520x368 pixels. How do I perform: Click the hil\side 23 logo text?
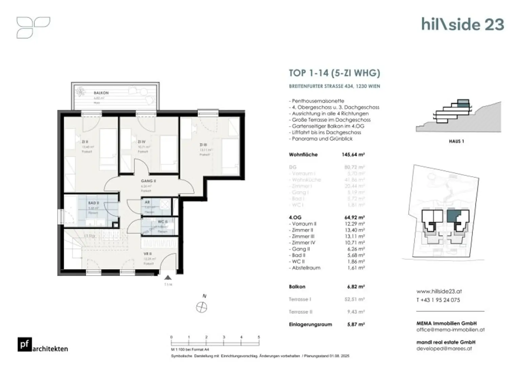tap(462, 24)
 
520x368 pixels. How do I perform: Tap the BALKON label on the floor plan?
tap(101, 93)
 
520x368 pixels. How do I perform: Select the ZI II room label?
tap(85, 142)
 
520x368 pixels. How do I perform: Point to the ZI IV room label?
tap(142, 142)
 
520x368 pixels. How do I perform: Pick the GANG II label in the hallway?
tap(148, 181)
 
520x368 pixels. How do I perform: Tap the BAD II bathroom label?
tap(94, 203)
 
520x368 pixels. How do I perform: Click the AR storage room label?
tap(147, 202)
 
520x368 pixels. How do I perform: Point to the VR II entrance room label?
tap(147, 254)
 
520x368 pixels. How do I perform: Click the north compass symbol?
tap(202, 307)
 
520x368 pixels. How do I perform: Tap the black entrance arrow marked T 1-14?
tap(168, 278)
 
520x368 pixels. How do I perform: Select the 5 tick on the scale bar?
tap(259, 337)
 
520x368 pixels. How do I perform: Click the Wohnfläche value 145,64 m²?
tap(353, 155)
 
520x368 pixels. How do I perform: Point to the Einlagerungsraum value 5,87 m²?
tap(356, 324)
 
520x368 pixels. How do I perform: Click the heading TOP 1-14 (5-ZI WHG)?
tap(334, 73)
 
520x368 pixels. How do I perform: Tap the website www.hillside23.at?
tap(439, 291)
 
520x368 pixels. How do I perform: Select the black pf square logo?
tap(25, 344)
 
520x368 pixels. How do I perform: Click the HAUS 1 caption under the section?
tap(456, 141)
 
